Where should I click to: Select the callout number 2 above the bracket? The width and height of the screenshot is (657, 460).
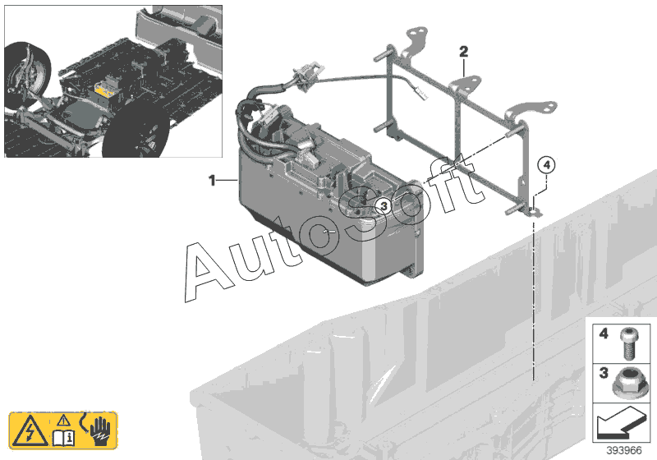tap(463, 52)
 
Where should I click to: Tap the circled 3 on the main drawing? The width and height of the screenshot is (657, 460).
tap(382, 206)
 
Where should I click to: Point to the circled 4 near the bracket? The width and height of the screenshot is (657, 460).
tap(546, 165)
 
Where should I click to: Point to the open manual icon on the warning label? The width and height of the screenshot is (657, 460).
tap(65, 436)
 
